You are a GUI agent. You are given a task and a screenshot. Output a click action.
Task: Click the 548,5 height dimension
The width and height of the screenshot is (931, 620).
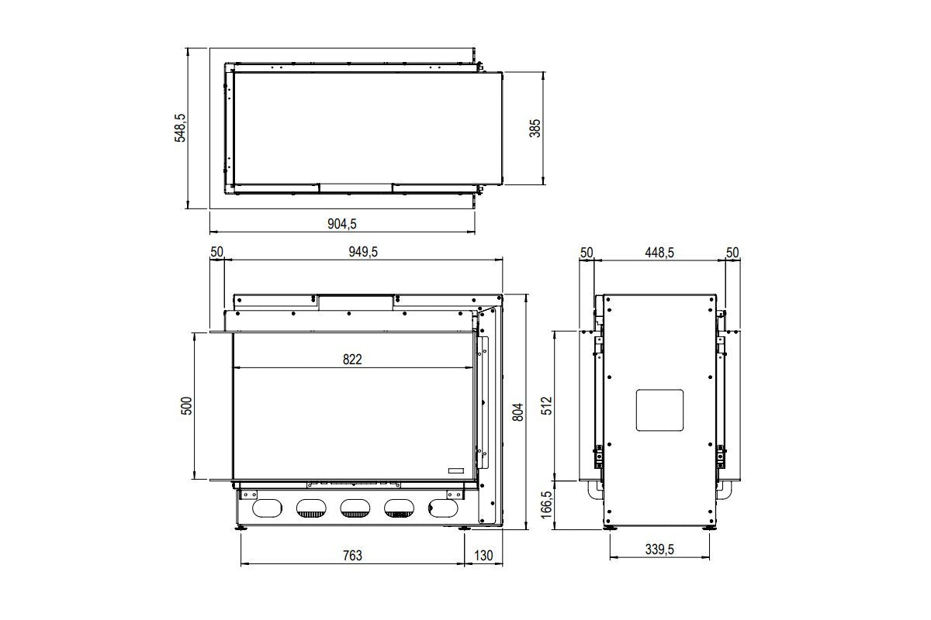point(181,128)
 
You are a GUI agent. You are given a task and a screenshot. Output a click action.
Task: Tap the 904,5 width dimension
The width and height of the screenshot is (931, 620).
point(342,223)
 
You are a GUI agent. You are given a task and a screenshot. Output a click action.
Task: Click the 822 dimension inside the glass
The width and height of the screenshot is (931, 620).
point(351,359)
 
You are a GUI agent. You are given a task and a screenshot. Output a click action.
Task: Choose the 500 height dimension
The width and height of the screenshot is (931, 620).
point(187,406)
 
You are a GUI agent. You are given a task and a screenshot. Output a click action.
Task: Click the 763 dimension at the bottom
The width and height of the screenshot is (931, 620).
point(351,555)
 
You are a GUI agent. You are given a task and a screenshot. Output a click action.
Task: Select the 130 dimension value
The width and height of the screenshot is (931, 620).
point(483,555)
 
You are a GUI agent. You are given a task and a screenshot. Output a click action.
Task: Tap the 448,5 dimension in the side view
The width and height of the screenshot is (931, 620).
point(659,252)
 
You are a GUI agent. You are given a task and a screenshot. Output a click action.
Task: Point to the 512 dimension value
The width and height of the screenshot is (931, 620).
point(546,406)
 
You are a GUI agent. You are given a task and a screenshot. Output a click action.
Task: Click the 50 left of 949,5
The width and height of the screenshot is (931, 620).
point(216,252)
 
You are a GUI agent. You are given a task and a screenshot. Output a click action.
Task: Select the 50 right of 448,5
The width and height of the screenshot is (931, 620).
point(732,252)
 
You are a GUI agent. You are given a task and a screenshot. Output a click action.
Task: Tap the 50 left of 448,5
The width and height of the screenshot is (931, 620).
point(587,252)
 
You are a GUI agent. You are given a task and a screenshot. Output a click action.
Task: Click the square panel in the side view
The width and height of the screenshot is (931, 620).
point(659,409)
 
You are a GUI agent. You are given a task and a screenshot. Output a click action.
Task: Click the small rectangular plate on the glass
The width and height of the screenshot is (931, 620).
point(455,470)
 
